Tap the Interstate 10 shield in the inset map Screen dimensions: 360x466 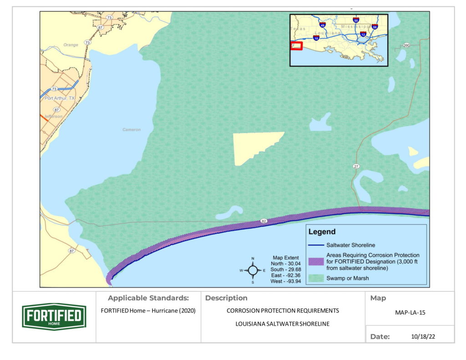pyautogui.click(x=316, y=39)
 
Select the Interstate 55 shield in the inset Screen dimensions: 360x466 pyautogui.click(x=356, y=20)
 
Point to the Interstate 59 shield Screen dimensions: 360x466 pyautogui.click(x=374, y=26)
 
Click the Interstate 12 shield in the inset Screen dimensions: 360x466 pyautogui.click(x=363, y=34)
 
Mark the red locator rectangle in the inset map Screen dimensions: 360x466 pyautogui.click(x=296, y=46)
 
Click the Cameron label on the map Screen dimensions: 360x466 pyautogui.click(x=132, y=130)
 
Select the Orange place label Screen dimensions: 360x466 pyautogui.click(x=71, y=45)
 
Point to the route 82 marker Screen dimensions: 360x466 pyautogui.click(x=264, y=221)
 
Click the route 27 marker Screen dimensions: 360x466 pyautogui.click(x=356, y=166)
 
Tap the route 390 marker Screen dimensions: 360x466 pyautogui.click(x=406, y=46)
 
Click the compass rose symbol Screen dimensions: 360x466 pyautogui.click(x=253, y=270)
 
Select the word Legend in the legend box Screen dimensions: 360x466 pyautogui.click(x=322, y=232)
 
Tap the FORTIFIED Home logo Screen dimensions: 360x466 pyautogui.click(x=54, y=317)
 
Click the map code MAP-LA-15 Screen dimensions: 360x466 pyautogui.click(x=410, y=313)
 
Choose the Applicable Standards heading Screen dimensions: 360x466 pyautogui.click(x=148, y=298)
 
